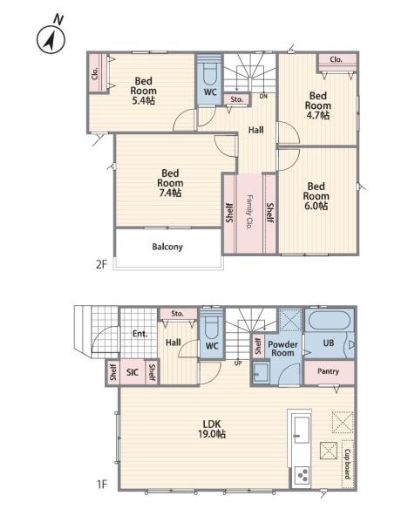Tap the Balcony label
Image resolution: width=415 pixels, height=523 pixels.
[167, 247]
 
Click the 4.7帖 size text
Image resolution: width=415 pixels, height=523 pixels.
[318, 115]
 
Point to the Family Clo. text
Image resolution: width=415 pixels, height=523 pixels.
[248, 212]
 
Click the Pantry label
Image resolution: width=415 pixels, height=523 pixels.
[328, 371]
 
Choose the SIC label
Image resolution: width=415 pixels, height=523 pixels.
[133, 372]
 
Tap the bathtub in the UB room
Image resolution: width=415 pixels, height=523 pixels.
[330, 321]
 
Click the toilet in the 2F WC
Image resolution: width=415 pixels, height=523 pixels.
[209, 75]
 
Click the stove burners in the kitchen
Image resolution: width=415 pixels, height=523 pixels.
[303, 475]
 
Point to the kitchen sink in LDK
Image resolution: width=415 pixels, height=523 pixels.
[302, 430]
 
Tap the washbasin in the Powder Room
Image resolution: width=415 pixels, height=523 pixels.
[260, 372]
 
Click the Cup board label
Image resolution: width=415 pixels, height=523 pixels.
[348, 464]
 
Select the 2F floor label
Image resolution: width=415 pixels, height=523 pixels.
[101, 264]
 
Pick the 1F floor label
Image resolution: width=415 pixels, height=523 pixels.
[102, 484]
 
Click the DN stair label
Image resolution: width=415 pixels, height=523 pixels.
[263, 96]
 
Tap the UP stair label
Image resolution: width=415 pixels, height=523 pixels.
[238, 363]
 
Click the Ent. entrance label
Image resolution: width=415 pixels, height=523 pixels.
[140, 334]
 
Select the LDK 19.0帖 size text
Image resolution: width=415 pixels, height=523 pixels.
[212, 434]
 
